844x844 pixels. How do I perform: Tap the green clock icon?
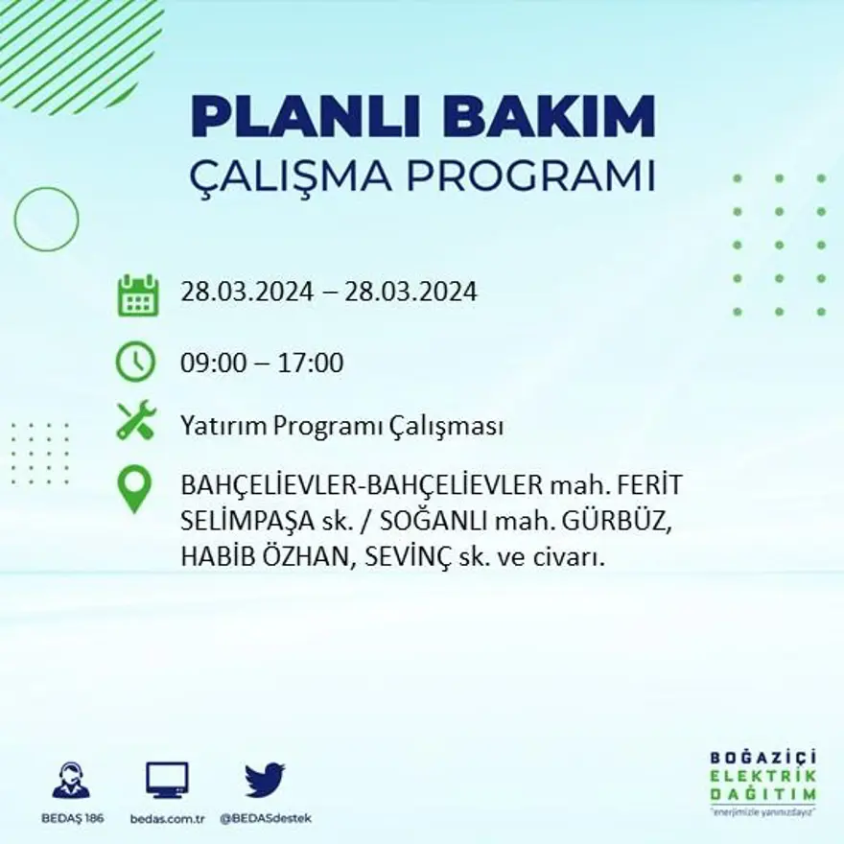point(135,363)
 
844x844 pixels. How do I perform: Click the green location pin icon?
point(134,488)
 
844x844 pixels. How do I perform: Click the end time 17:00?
point(311,363)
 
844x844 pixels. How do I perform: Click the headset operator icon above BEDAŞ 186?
point(71,781)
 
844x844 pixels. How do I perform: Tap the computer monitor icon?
point(167,780)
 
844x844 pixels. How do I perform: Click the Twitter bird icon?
point(265,780)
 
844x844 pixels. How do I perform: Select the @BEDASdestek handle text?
point(266,818)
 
